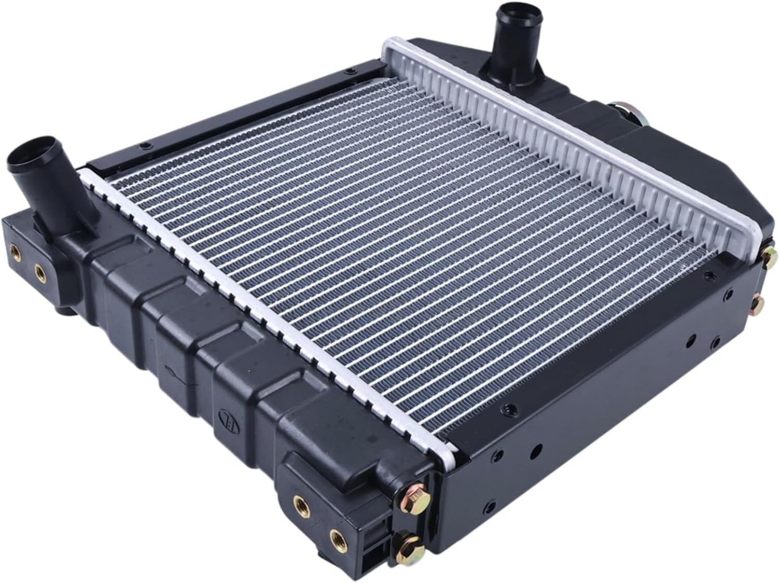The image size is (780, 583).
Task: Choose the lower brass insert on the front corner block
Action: point(336,535)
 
